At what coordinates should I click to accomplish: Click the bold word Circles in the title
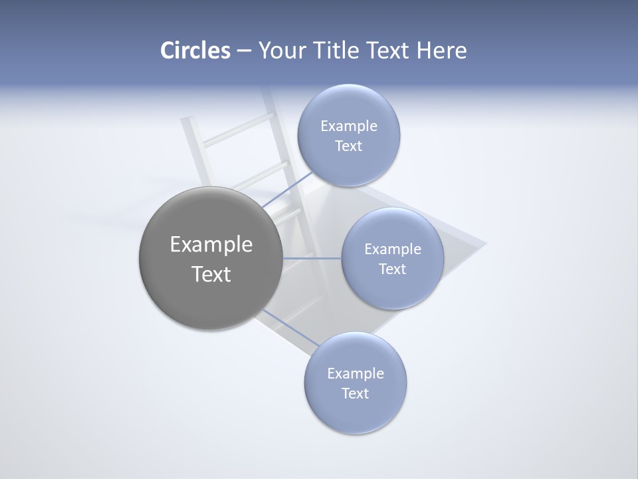pos(195,51)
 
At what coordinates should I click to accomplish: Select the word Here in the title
pos(441,51)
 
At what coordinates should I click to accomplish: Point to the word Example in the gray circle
pos(211,245)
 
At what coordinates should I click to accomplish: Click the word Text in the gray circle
pos(211,274)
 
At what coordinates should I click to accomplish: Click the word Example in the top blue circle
pos(349,126)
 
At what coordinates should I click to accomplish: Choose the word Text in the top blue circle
pos(348,146)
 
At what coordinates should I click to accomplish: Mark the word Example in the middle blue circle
pos(393,249)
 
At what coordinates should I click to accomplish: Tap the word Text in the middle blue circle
pos(392,269)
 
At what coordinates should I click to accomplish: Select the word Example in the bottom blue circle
pos(356,374)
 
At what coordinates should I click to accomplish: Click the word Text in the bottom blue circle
pos(355,394)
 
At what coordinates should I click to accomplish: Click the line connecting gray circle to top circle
pos(287,190)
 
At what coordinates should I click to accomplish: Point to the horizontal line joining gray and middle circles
pos(312,258)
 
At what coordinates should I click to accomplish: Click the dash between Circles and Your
pos(244,51)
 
